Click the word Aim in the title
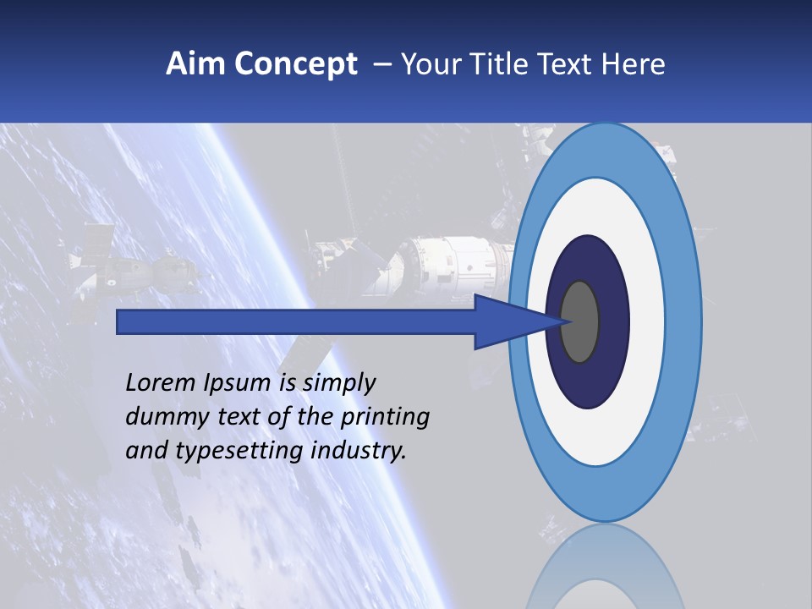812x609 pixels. [191, 64]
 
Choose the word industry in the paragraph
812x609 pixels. [359, 451]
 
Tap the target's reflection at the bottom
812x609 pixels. [604, 567]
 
